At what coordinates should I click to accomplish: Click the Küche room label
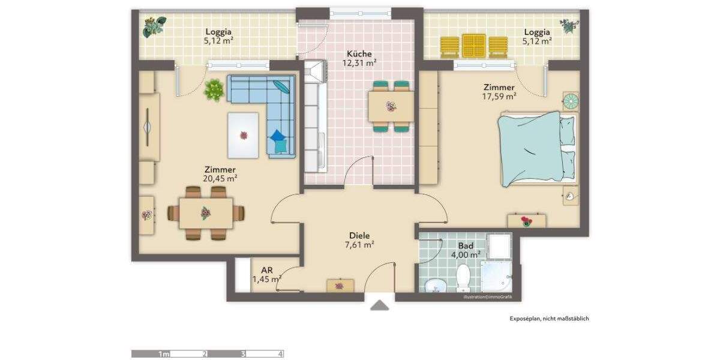(x=359, y=53)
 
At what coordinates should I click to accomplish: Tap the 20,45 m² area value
(x=220, y=178)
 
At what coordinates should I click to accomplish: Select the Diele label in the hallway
(x=359, y=236)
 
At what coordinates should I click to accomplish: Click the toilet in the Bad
(x=463, y=278)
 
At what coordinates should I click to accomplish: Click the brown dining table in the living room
(x=206, y=213)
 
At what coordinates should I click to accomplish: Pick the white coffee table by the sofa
(x=244, y=136)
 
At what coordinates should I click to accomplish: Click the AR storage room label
(x=266, y=271)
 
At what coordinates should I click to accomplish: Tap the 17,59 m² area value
(x=499, y=95)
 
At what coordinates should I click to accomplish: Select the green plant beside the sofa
(x=214, y=91)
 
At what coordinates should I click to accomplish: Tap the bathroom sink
(x=433, y=285)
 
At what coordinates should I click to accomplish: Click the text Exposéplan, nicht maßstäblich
(x=549, y=319)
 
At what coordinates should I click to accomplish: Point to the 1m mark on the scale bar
(x=164, y=354)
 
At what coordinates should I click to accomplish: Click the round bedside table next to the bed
(x=570, y=101)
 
